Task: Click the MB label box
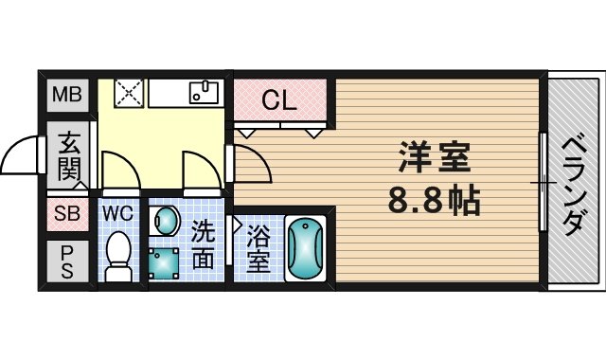(66, 95)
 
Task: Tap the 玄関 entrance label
(69, 156)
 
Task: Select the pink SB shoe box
(65, 214)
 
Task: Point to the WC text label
(118, 212)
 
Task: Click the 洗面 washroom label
(204, 244)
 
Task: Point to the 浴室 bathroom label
(258, 249)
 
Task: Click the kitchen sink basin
(204, 92)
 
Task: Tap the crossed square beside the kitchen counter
(127, 92)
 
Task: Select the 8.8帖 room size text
(435, 201)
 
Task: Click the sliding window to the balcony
(544, 181)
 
